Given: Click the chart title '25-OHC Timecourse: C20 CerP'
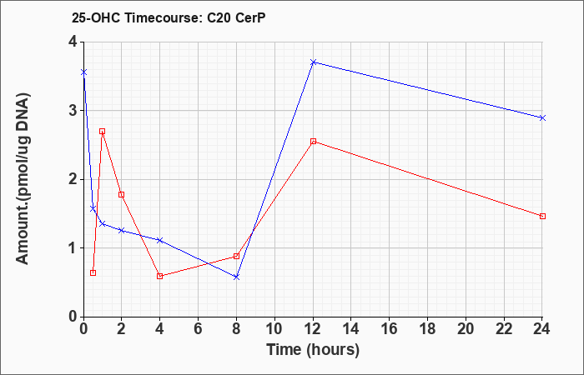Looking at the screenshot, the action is point(169,18).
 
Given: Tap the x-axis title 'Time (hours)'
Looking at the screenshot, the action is point(313,350).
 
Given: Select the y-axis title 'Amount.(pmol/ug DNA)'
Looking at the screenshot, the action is point(23,178).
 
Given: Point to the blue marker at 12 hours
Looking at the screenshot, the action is point(313,62).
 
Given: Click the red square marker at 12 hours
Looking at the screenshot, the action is point(313,142).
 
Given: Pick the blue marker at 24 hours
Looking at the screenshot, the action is point(542,118).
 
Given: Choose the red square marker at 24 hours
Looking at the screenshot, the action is point(542,216).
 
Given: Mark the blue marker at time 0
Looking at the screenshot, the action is point(83,72).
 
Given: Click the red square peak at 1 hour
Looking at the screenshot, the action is point(102,132).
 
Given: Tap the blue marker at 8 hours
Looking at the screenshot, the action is point(236,277).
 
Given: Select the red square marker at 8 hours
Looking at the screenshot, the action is point(236,256).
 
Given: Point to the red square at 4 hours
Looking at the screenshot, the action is point(160,276).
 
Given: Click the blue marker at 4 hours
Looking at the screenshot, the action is point(160,240).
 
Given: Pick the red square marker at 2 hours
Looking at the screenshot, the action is point(121,194).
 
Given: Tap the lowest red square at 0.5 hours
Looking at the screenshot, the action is point(93,272).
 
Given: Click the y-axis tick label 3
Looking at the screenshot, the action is point(73,111).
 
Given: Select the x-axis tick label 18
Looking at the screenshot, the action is point(427,329).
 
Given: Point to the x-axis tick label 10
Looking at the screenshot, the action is point(274,329).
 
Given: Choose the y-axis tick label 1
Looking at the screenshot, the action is point(73,248).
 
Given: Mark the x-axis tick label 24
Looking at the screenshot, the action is point(541,329).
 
